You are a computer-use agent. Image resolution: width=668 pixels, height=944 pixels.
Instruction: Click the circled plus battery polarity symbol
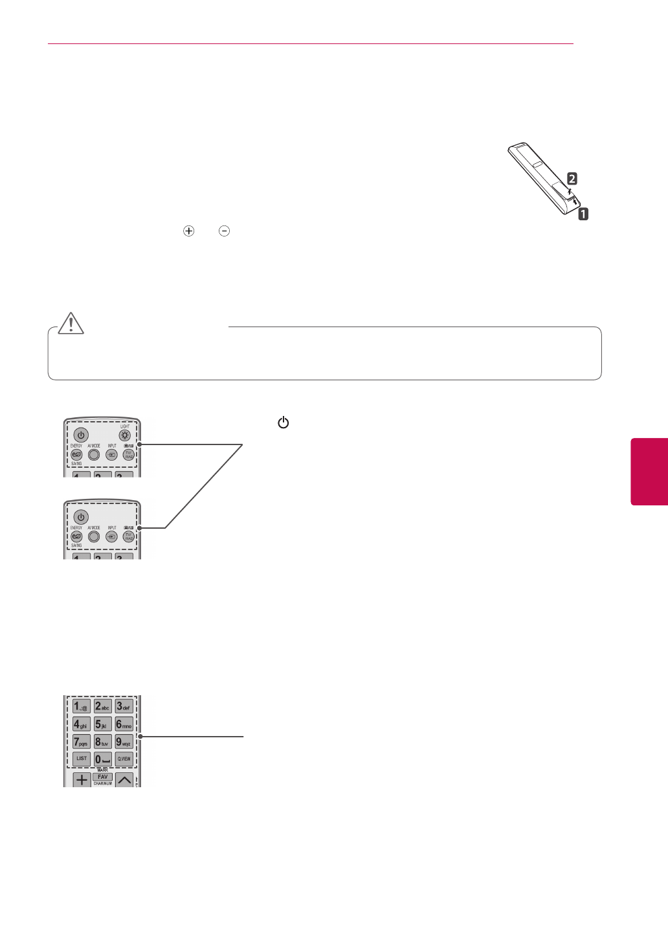pyautogui.click(x=189, y=231)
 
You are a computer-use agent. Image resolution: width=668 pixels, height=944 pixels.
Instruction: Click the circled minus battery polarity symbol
pyautogui.click(x=224, y=231)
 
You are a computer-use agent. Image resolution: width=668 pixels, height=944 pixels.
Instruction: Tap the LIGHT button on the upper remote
pyautogui.click(x=125, y=435)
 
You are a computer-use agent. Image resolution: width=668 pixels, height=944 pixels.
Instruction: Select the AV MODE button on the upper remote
pyautogui.click(x=94, y=454)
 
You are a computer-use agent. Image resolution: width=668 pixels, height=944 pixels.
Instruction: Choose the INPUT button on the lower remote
pyautogui.click(x=111, y=536)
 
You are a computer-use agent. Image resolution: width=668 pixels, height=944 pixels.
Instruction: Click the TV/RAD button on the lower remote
pyautogui.click(x=128, y=536)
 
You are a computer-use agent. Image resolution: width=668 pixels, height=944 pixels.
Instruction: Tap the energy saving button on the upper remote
pyautogui.click(x=76, y=454)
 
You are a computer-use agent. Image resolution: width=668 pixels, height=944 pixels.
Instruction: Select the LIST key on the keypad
pyautogui.click(x=82, y=758)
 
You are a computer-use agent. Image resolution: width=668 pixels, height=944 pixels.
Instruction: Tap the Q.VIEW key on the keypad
pyautogui.click(x=124, y=758)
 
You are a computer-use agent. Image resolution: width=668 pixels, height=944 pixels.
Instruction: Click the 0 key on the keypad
pyautogui.click(x=102, y=758)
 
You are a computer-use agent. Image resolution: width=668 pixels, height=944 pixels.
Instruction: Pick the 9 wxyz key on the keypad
pyautogui.click(x=124, y=741)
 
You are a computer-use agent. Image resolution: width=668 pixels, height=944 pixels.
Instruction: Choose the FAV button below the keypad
pyautogui.click(x=102, y=776)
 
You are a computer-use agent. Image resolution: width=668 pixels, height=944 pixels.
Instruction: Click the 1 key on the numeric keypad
pyautogui.click(x=82, y=706)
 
